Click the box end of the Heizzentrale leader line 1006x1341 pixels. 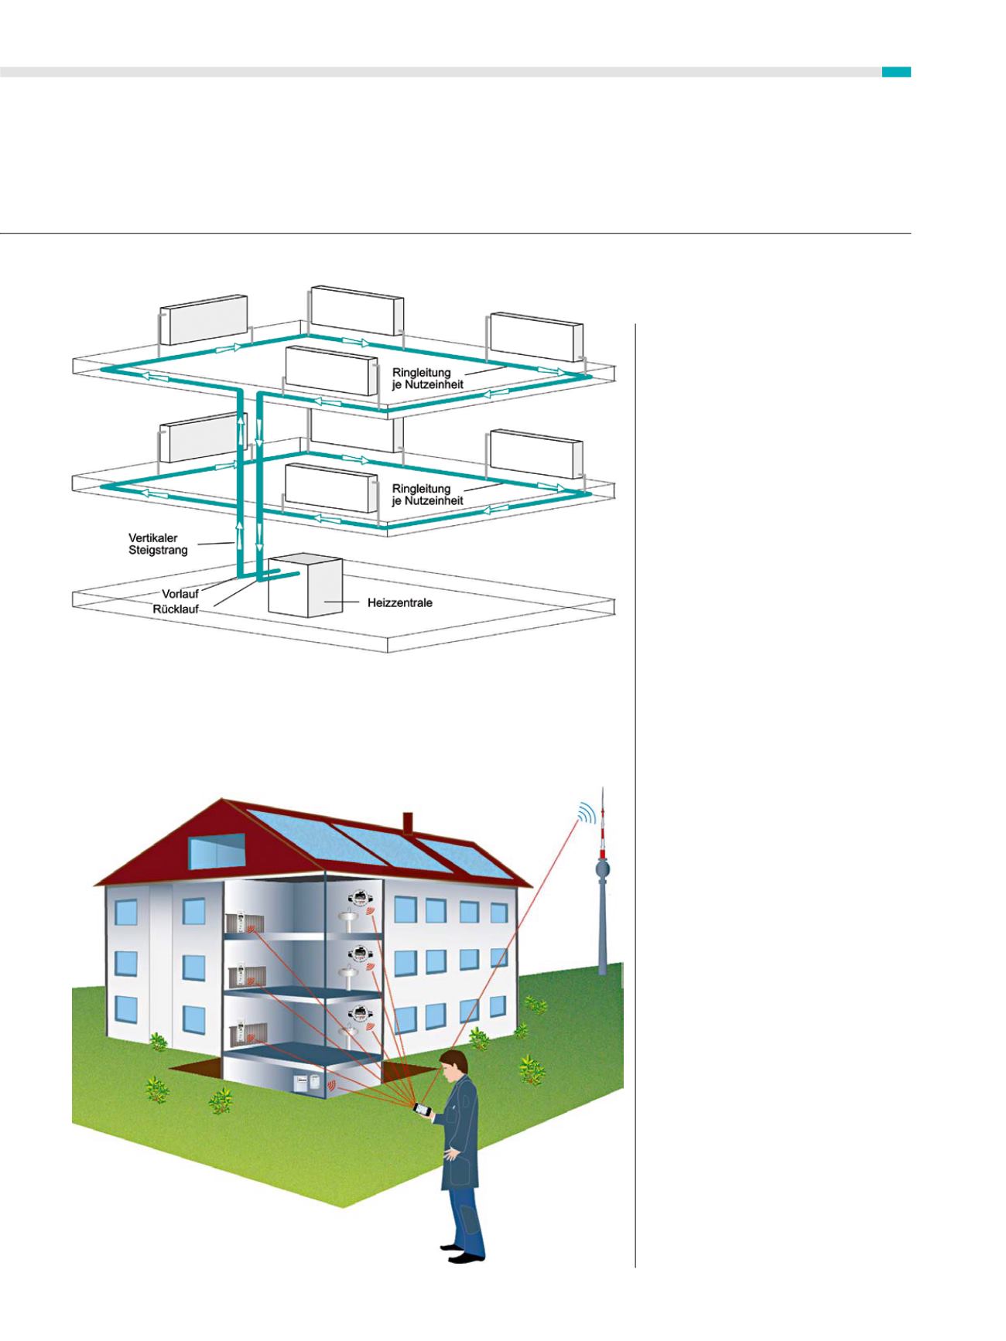(x=326, y=602)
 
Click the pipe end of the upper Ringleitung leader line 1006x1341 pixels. (x=508, y=367)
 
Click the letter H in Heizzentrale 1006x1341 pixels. (x=371, y=602)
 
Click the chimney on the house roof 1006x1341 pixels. (x=407, y=823)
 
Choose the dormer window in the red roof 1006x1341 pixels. (x=217, y=852)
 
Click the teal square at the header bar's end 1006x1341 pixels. (x=896, y=72)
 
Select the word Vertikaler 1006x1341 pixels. (x=150, y=538)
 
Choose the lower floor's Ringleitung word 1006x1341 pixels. (x=421, y=489)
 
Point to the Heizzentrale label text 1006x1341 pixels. (x=399, y=602)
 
